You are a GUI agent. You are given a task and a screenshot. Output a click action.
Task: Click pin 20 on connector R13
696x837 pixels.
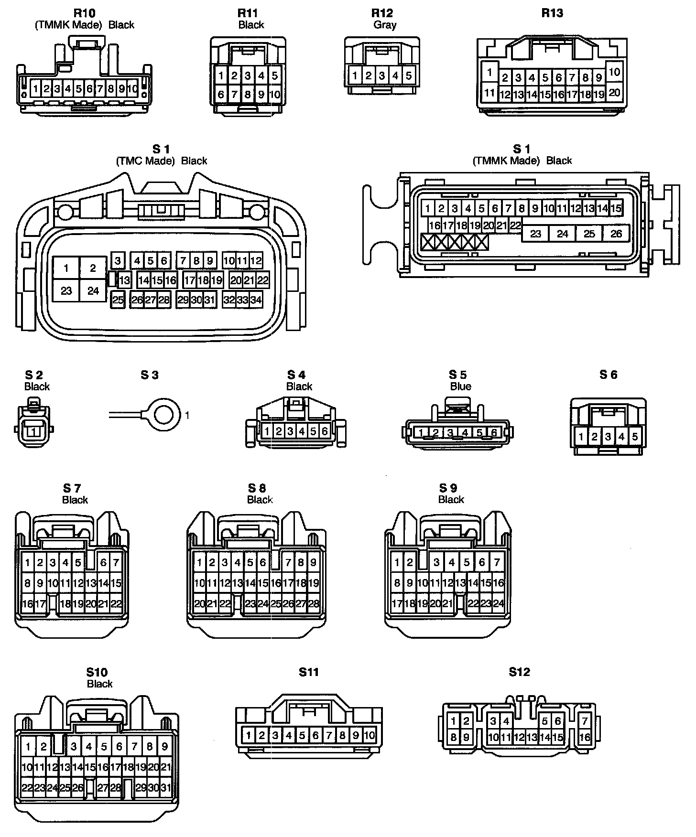tap(614, 92)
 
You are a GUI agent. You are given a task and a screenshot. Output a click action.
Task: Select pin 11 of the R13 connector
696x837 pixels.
tap(489, 92)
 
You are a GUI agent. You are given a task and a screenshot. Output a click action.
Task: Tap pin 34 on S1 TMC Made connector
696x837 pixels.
tap(256, 300)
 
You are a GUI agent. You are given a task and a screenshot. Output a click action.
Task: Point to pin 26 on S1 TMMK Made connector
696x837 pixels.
tap(616, 234)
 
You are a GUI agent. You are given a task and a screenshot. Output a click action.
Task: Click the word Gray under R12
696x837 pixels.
tap(385, 25)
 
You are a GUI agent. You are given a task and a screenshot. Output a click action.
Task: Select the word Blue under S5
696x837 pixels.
tap(461, 386)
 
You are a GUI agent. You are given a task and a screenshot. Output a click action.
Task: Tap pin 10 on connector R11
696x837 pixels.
tap(274, 95)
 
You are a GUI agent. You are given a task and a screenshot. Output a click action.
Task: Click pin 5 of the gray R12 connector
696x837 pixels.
tap(409, 75)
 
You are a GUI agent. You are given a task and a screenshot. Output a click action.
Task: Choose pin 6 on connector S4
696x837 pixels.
tap(325, 431)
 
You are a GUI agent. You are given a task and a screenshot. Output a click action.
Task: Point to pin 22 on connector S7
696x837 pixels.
tap(116, 604)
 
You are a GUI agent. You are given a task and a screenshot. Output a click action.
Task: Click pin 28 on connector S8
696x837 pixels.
tap(314, 604)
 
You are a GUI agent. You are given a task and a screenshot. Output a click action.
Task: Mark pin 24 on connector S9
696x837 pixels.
tap(498, 603)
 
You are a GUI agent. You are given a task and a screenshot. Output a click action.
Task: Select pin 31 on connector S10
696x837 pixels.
tap(165, 787)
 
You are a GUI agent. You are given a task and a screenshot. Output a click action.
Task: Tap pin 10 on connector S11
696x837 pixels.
tap(370, 735)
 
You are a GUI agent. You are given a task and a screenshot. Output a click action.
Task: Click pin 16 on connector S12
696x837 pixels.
tap(585, 737)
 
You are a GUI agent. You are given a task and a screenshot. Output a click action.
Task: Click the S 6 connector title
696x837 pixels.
tap(608, 375)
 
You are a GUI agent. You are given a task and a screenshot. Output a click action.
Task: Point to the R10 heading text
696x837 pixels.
tap(84, 13)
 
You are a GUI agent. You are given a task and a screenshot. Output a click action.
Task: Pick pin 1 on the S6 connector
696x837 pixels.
tap(581, 436)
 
